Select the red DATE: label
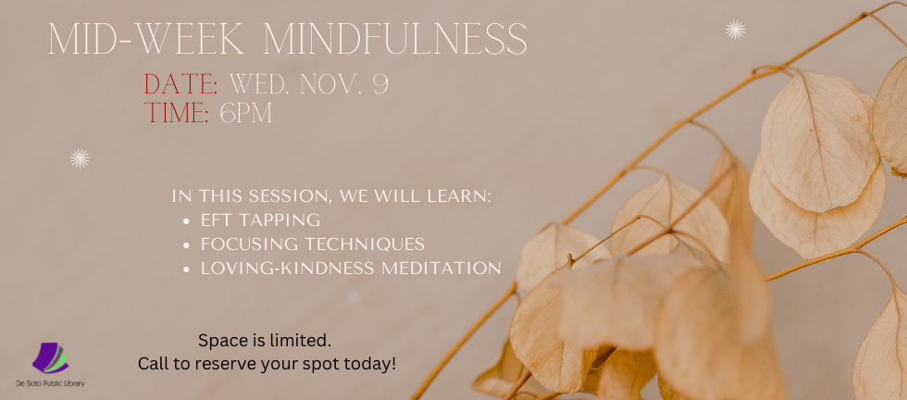pyautogui.click(x=180, y=85)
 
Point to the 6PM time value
pyautogui.click(x=246, y=115)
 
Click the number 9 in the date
pyautogui.click(x=379, y=85)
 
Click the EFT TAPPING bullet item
pyautogui.click(x=261, y=220)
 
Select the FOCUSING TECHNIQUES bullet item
pyautogui.click(x=313, y=244)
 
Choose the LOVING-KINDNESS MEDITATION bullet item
pyautogui.click(x=352, y=269)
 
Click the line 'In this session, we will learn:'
pyautogui.click(x=331, y=196)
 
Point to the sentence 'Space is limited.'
pyautogui.click(x=265, y=340)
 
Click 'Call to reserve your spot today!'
pyautogui.click(x=267, y=363)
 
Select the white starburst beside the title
pyautogui.click(x=735, y=31)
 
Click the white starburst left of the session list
pyautogui.click(x=80, y=158)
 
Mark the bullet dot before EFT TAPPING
pyautogui.click(x=188, y=221)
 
